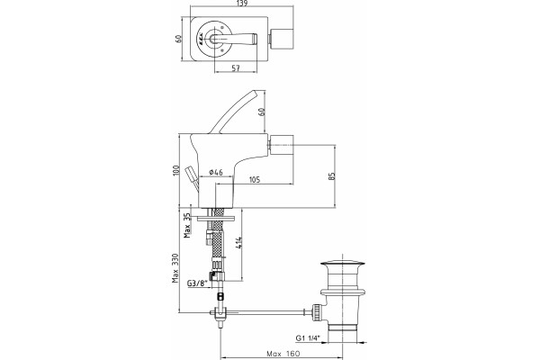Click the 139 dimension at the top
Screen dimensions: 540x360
pos(242,3)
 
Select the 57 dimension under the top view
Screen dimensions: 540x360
pos(236,67)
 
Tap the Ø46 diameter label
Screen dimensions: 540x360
pos(216,172)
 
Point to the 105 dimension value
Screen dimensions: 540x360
pos(254,179)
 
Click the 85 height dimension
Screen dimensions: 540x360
pos(331,176)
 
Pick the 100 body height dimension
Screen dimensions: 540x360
pos(176,170)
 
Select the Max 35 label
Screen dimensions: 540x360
pos(187,226)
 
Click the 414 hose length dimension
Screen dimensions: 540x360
pos(239,243)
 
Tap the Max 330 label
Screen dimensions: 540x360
pos(176,268)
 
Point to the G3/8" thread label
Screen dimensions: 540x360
pos(197,283)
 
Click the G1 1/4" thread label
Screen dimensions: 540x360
pos(308,338)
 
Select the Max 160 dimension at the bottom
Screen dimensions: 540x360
pos(283,354)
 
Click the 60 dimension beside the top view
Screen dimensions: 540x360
pos(178,39)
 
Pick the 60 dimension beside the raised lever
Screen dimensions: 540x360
pos(262,112)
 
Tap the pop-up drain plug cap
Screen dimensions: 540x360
pos(343,265)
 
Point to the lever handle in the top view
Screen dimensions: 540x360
pos(234,39)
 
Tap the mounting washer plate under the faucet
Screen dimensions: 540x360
pos(216,219)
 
